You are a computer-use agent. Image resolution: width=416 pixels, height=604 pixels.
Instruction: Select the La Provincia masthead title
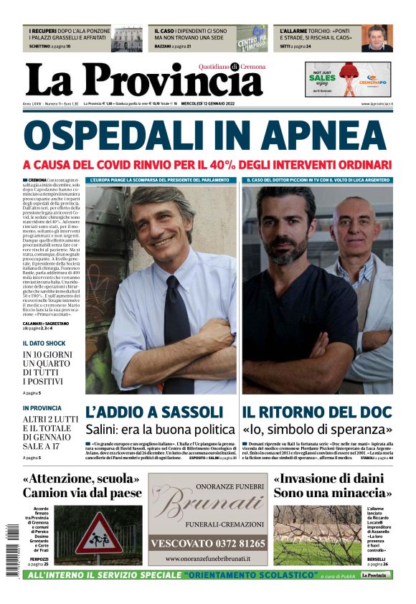click(144, 80)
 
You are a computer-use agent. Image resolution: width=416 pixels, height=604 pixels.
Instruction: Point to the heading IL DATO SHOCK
click(44, 343)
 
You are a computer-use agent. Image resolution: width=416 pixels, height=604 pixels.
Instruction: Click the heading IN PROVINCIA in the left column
click(42, 408)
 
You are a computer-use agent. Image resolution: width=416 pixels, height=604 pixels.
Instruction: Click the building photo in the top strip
click(127, 39)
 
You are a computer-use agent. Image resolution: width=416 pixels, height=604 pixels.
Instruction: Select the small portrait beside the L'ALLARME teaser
click(376, 39)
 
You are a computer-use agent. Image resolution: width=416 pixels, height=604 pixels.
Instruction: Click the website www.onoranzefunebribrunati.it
click(207, 559)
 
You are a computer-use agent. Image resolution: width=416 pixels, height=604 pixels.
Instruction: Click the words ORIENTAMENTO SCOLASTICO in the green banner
click(251, 575)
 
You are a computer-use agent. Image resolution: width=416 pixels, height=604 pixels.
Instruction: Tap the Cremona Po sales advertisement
click(348, 78)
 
